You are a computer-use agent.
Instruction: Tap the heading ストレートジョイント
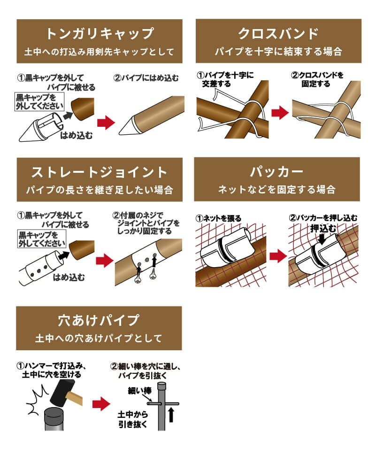point(99,172)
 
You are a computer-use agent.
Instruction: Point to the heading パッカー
point(277,172)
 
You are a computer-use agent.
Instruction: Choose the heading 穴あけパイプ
point(99,320)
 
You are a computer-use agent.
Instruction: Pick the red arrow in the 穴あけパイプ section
point(100,403)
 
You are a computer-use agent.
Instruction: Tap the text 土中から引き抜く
point(133,419)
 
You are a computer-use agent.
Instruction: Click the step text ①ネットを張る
point(218,218)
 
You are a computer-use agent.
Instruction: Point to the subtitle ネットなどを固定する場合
point(277,190)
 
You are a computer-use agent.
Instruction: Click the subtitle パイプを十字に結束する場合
point(278,51)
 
